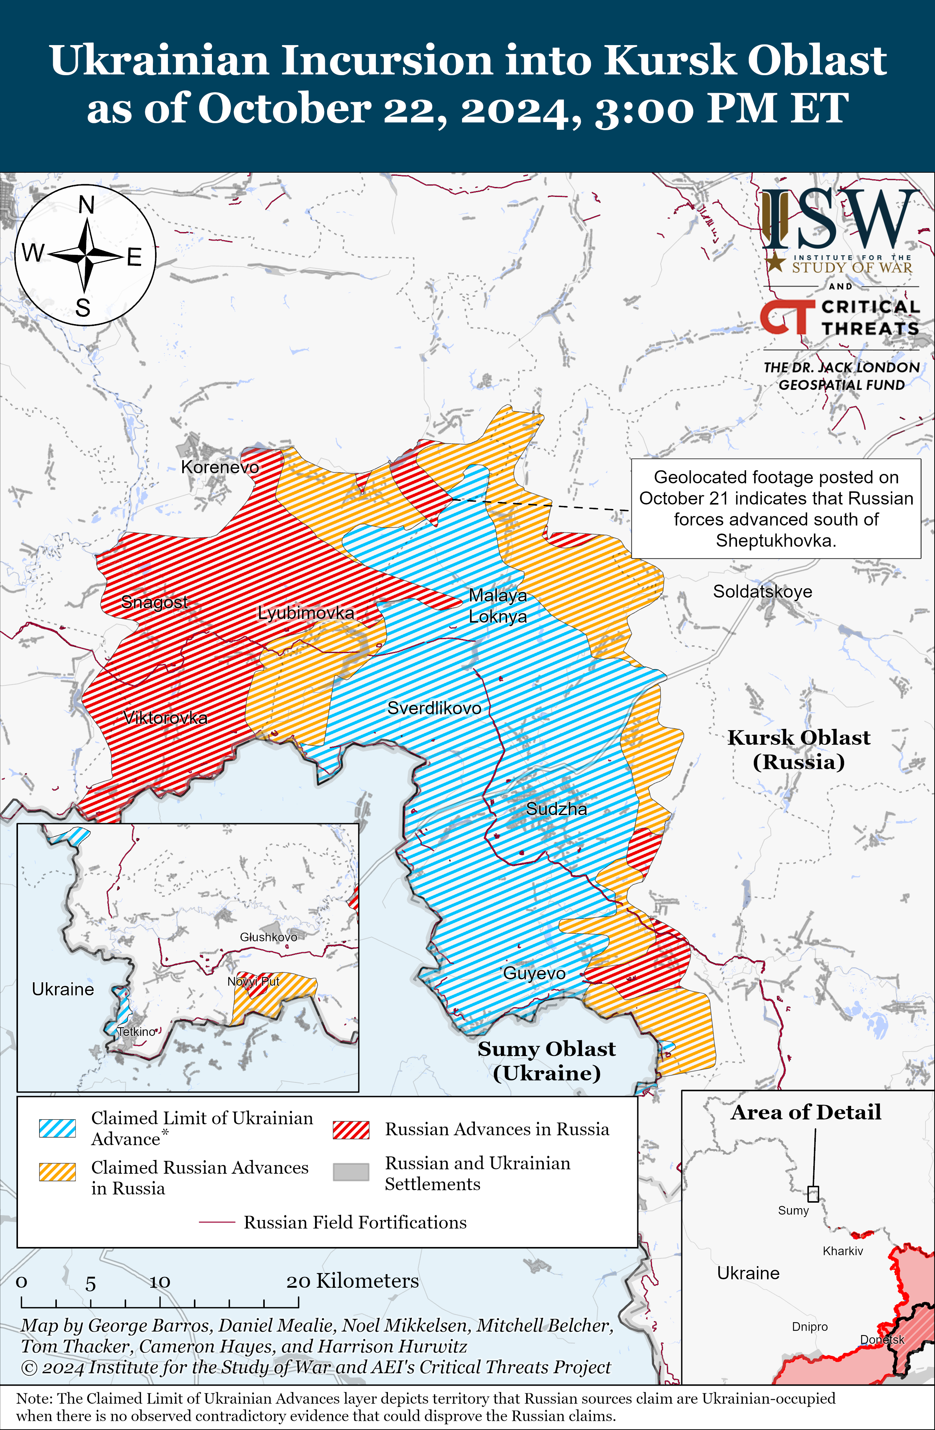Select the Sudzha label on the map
coord(557,809)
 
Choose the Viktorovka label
coord(165,718)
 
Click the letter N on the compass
coord(87,205)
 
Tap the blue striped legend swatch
coord(58,1128)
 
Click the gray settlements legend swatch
coord(351,1171)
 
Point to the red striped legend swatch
coord(351,1130)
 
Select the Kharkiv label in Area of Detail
coord(843,1251)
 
